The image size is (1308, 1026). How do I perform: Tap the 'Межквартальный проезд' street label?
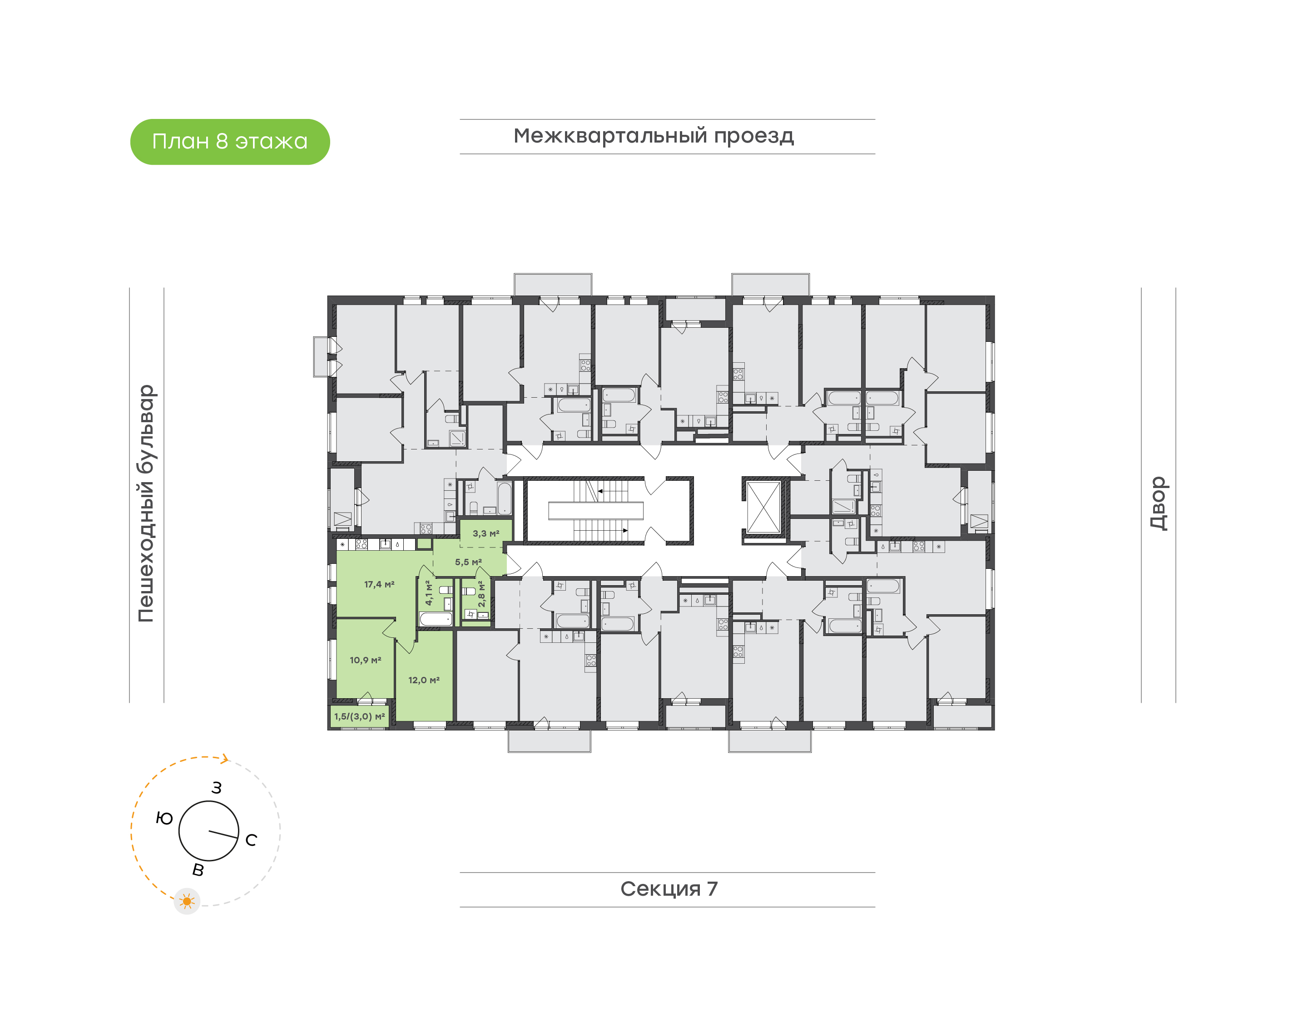click(x=653, y=136)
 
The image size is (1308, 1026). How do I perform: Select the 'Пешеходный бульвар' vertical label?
click(x=146, y=503)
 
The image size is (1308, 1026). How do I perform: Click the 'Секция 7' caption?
click(x=668, y=888)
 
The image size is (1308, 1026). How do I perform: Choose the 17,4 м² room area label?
click(x=379, y=584)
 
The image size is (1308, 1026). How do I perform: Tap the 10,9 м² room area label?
click(x=365, y=660)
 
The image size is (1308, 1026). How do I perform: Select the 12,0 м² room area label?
click(x=424, y=680)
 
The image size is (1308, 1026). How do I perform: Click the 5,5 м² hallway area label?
click(x=468, y=562)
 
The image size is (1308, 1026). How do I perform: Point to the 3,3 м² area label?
click(x=486, y=533)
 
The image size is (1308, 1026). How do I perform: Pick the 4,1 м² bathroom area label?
click(x=428, y=593)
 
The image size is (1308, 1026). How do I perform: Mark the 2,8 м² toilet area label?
click(x=481, y=594)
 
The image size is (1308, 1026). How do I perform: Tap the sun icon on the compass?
click(x=187, y=901)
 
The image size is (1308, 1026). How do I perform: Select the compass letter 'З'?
click(x=216, y=788)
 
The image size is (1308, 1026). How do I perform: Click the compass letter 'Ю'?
click(x=164, y=818)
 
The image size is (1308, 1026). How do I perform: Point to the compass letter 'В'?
click(x=198, y=870)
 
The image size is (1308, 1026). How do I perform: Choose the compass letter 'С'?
click(x=251, y=840)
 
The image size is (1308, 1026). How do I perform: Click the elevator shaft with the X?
click(x=763, y=507)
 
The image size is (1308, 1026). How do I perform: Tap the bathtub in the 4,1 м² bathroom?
click(x=436, y=619)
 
